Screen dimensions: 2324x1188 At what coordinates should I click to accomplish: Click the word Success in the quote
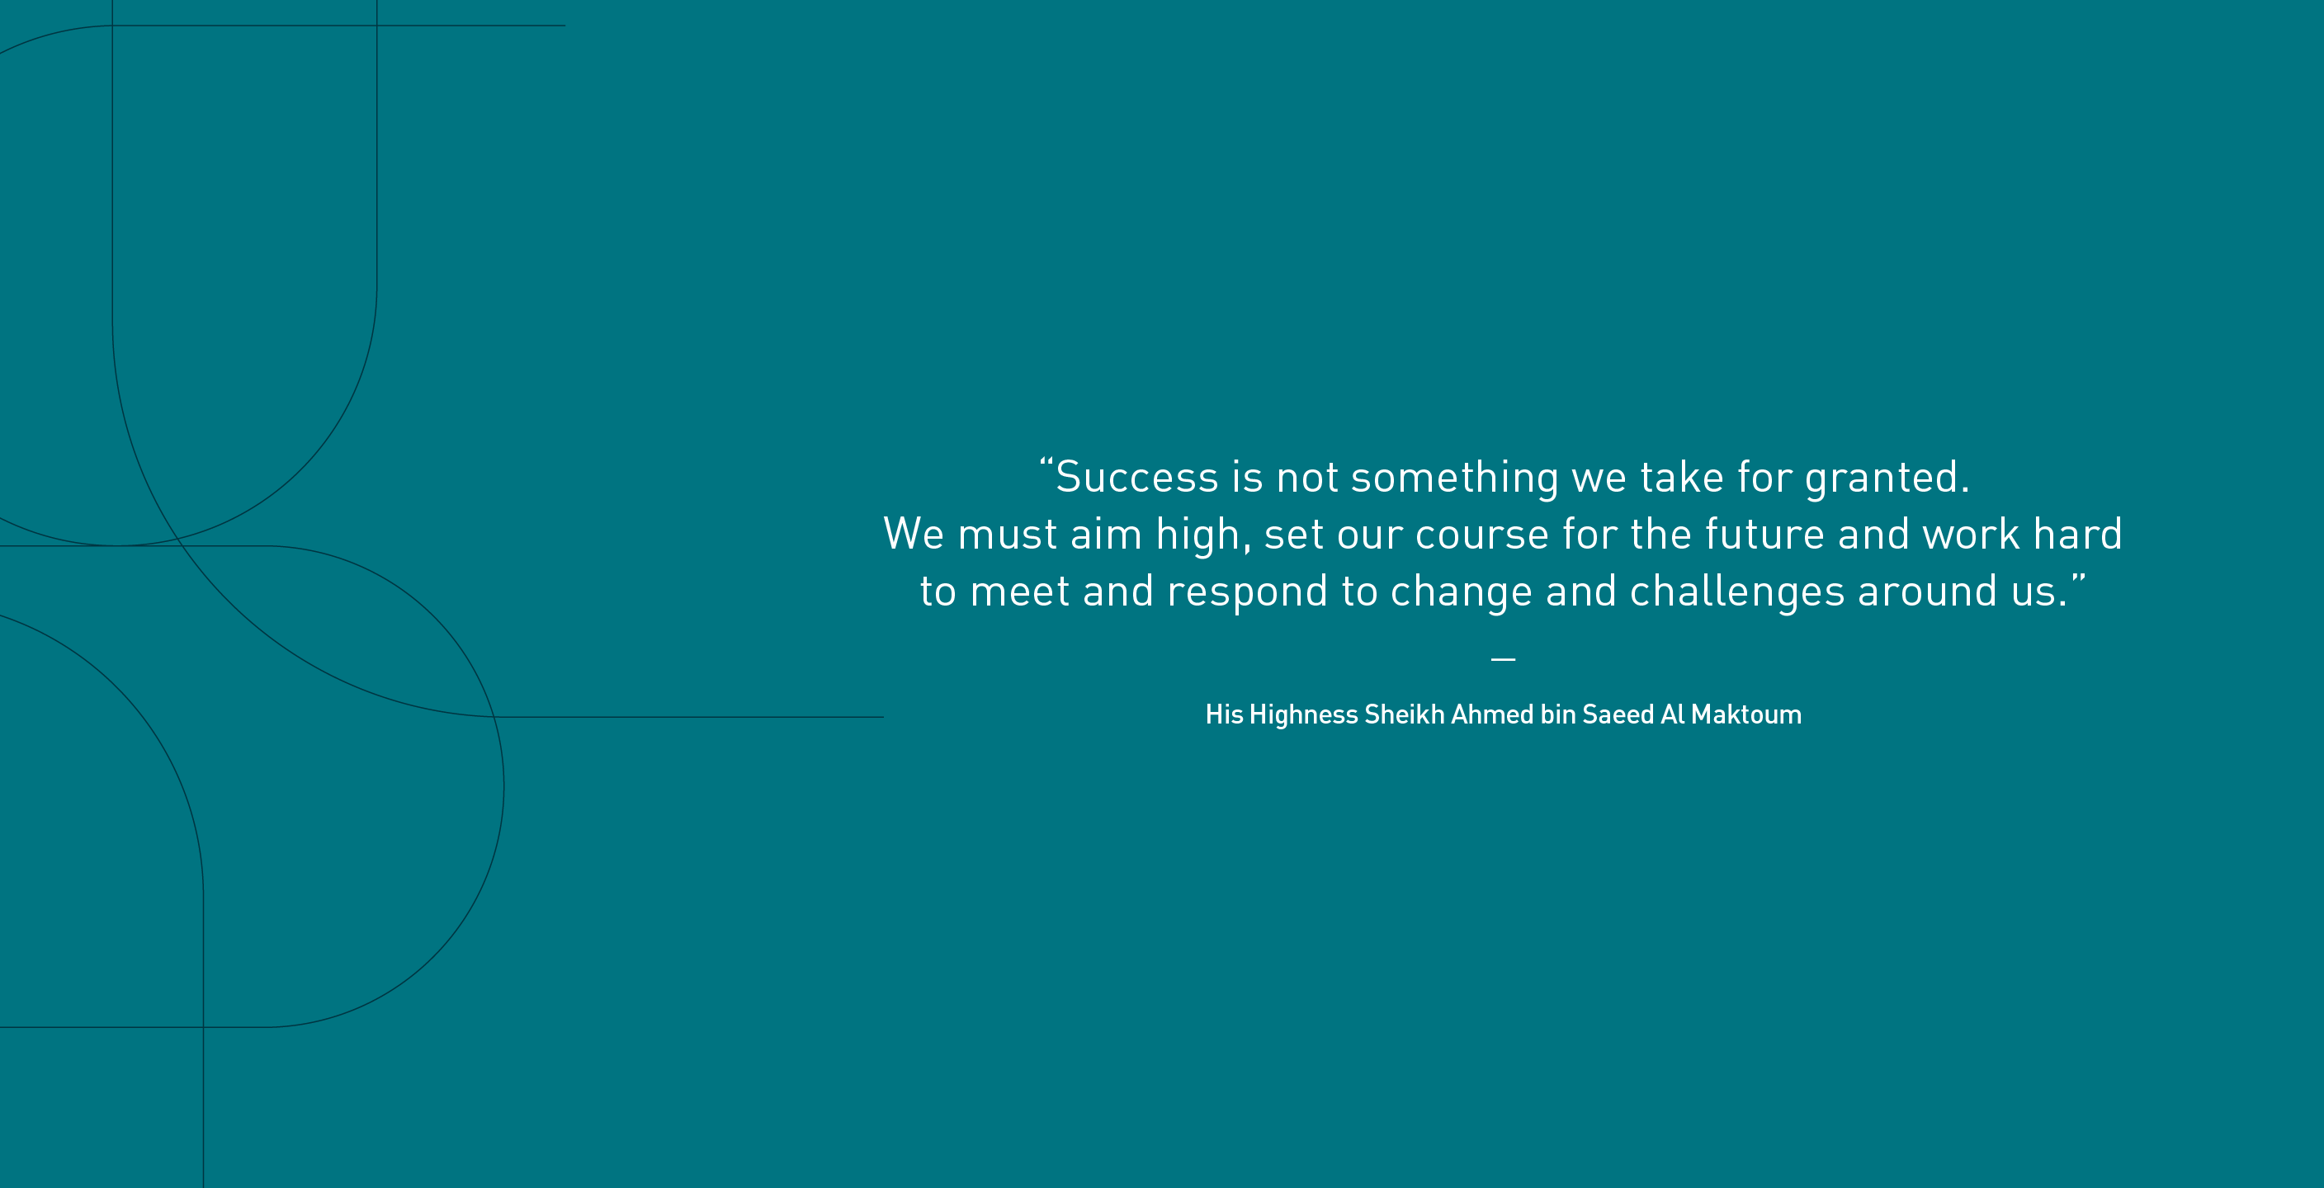(x=1136, y=477)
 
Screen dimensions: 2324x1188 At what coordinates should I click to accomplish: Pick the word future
(x=1764, y=534)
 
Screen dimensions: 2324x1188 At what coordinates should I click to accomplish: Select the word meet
(x=1019, y=592)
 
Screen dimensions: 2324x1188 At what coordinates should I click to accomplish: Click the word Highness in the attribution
(x=1304, y=715)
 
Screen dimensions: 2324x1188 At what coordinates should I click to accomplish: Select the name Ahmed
(x=1492, y=714)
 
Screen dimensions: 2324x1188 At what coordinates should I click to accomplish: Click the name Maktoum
(x=1745, y=714)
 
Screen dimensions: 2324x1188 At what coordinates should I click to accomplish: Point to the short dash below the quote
(x=1503, y=659)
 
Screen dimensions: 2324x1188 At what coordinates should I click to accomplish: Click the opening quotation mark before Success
(x=1046, y=464)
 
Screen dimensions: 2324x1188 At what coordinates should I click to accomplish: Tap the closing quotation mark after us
(x=2079, y=577)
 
